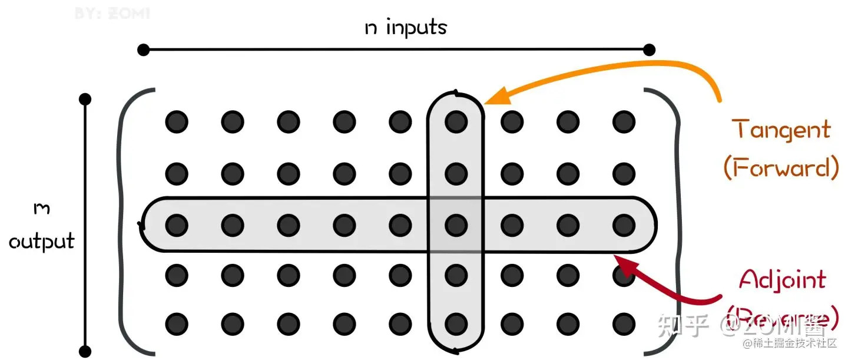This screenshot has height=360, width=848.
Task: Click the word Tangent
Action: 781,130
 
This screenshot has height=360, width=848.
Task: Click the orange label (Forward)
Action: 781,169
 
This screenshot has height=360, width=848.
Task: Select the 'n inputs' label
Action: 406,28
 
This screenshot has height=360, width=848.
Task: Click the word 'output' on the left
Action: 42,241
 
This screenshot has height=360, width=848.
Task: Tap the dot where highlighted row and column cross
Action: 455,224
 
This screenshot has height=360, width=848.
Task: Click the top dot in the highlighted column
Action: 455,122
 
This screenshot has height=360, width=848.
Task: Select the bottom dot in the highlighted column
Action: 455,323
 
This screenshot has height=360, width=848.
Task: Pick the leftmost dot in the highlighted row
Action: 176,224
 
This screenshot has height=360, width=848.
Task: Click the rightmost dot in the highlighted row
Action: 624,224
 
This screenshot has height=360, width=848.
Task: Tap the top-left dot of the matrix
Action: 176,122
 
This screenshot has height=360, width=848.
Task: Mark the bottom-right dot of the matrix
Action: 624,323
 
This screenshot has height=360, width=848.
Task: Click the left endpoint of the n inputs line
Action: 143,49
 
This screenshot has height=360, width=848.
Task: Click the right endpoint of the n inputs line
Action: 650,49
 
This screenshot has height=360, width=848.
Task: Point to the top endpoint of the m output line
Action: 85,98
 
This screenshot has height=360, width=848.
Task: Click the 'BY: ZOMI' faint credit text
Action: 112,12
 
